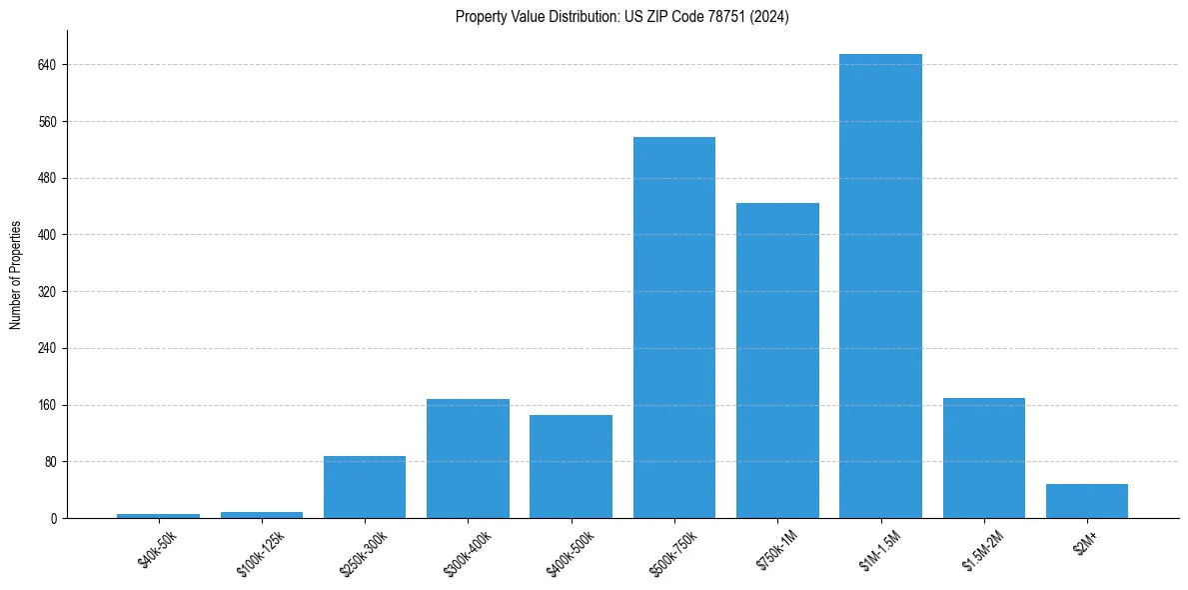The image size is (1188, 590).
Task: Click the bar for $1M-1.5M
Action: (x=880, y=286)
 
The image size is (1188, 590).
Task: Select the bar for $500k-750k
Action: (x=673, y=327)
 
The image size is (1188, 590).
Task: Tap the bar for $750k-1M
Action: (x=777, y=360)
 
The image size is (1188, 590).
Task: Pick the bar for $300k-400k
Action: (x=468, y=458)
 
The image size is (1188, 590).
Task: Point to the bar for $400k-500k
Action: (x=571, y=466)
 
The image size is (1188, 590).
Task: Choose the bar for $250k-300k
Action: (x=365, y=487)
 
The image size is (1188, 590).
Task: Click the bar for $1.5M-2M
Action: (x=983, y=458)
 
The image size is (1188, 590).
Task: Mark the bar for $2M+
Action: (x=1086, y=501)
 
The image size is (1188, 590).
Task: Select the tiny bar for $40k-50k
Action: (x=158, y=516)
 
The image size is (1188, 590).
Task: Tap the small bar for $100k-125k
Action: (x=262, y=515)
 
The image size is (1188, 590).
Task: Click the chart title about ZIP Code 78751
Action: (x=621, y=17)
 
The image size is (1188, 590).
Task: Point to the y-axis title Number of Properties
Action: (x=16, y=275)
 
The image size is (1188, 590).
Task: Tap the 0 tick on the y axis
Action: (x=54, y=518)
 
